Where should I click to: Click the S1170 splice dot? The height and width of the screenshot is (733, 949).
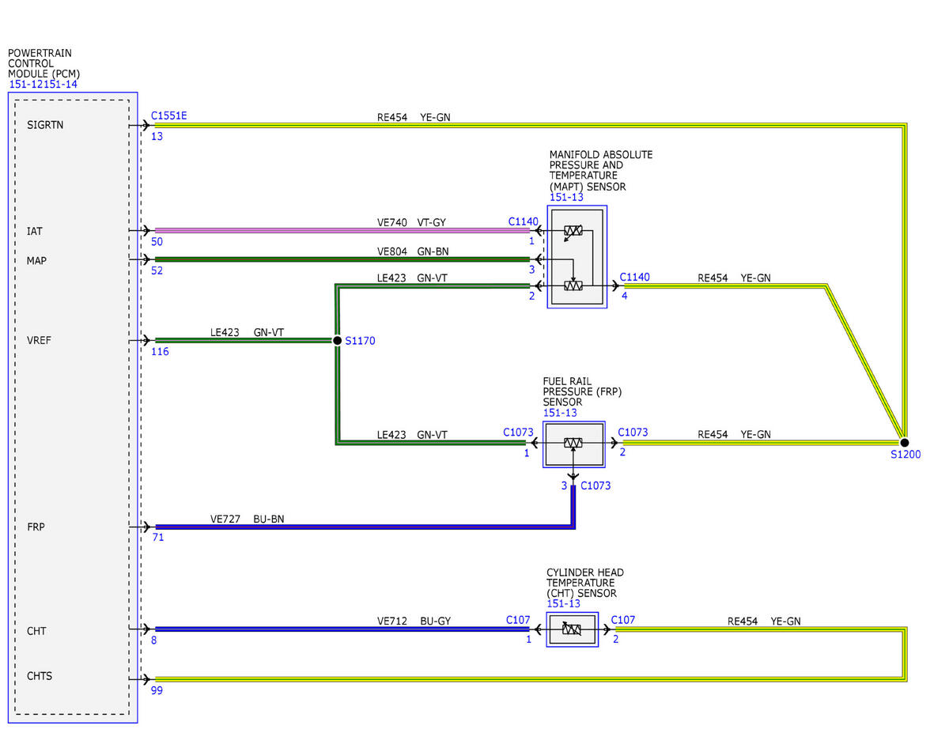pos(337,340)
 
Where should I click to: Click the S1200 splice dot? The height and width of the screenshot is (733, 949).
pos(905,443)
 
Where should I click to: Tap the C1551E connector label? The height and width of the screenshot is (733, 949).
pos(168,115)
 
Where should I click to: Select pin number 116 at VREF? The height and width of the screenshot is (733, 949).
pos(160,351)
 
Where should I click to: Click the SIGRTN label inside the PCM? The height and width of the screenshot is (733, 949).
pos(45,125)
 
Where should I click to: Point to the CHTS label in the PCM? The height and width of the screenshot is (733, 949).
pos(40,676)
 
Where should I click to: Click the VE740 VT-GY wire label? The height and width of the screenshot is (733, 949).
pos(411,223)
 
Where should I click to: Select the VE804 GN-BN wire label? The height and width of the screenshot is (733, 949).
pos(413,251)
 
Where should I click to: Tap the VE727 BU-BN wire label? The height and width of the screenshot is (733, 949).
pos(248,519)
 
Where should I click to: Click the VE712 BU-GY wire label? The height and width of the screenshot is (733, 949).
pos(414,621)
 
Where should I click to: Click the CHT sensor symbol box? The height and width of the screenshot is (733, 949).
pos(572,629)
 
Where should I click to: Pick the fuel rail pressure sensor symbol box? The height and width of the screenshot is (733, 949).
pos(574,444)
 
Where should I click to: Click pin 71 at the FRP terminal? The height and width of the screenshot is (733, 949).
pos(158,538)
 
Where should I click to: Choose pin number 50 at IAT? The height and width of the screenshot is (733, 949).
pos(157,241)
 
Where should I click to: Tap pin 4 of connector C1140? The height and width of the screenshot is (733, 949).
pos(625,296)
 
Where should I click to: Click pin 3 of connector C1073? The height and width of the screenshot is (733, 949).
pos(564,486)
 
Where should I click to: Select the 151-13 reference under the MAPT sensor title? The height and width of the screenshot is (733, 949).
pos(566,198)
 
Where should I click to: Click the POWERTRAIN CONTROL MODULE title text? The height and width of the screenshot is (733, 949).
pos(43,63)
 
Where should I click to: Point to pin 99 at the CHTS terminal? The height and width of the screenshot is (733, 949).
pos(157,690)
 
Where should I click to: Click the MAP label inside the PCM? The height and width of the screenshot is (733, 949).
pos(36,261)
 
